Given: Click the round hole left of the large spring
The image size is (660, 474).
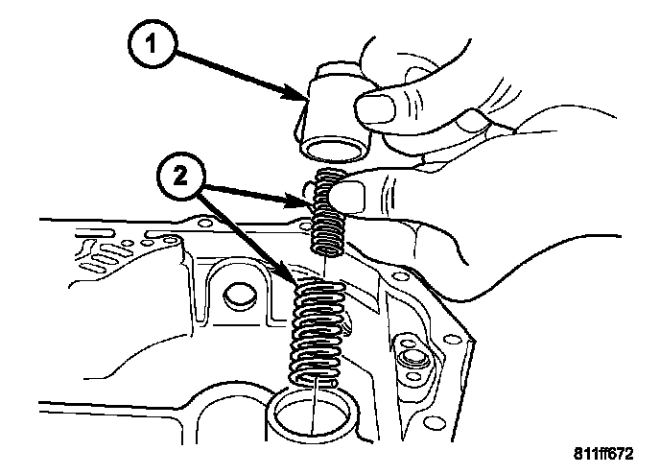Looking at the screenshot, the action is pos(235,294).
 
